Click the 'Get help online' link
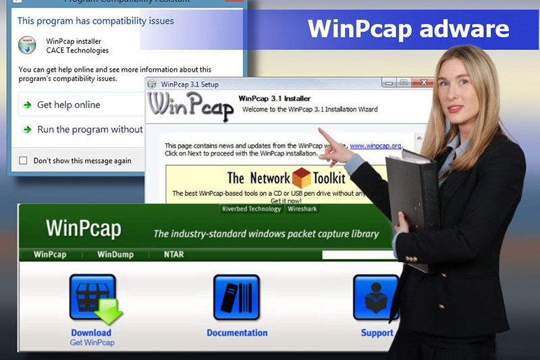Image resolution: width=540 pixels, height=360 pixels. pyautogui.click(x=67, y=105)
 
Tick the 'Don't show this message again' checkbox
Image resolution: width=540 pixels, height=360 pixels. pyautogui.click(x=24, y=161)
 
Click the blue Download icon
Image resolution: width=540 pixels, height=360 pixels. pyautogui.click(x=92, y=298)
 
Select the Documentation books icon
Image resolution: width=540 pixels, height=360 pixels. pyautogui.click(x=236, y=298)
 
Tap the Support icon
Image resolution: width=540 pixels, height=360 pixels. pyautogui.click(x=376, y=298)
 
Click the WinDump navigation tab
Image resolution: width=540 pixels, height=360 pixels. pyautogui.click(x=115, y=255)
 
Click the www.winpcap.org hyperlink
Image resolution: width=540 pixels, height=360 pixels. pyautogui.click(x=375, y=145)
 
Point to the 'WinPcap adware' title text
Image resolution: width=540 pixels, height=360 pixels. pyautogui.click(x=408, y=28)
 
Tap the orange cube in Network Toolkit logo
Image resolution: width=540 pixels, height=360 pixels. pyautogui.click(x=301, y=178)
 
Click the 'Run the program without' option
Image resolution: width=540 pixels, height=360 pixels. pyautogui.click(x=90, y=130)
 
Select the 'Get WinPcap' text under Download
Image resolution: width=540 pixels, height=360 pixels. pyautogui.click(x=92, y=342)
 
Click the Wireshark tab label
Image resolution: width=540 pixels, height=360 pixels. pyautogui.click(x=302, y=209)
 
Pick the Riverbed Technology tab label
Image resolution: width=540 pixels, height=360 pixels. pyautogui.click(x=251, y=209)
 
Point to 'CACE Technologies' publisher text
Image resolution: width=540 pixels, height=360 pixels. pyautogui.click(x=77, y=50)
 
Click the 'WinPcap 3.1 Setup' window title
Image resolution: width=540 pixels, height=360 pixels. pyautogui.click(x=190, y=84)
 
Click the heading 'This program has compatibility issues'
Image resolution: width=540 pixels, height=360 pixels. pyautogui.click(x=95, y=21)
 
